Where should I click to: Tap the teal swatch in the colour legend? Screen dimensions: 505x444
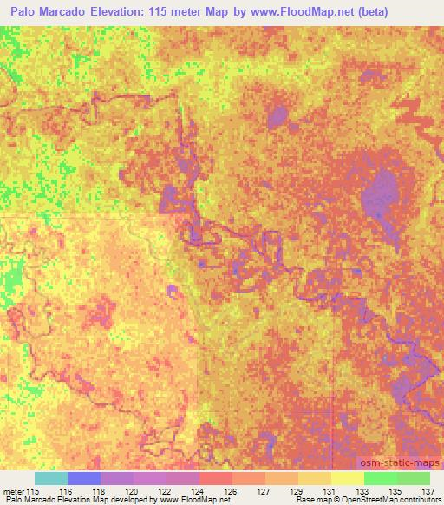[x=50, y=478]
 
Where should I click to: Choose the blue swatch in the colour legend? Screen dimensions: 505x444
[x=84, y=478]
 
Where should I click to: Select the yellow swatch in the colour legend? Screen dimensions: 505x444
[x=347, y=478]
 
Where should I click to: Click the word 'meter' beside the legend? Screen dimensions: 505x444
[x=14, y=490]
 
